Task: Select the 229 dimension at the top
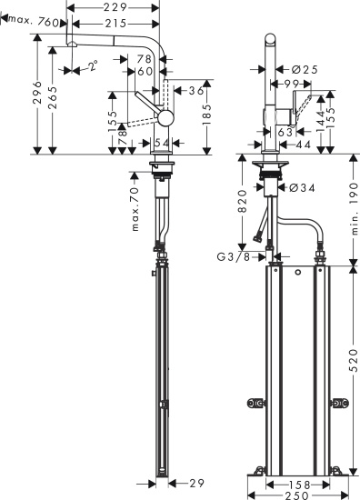(x=114, y=7)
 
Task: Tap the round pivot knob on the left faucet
(x=164, y=118)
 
